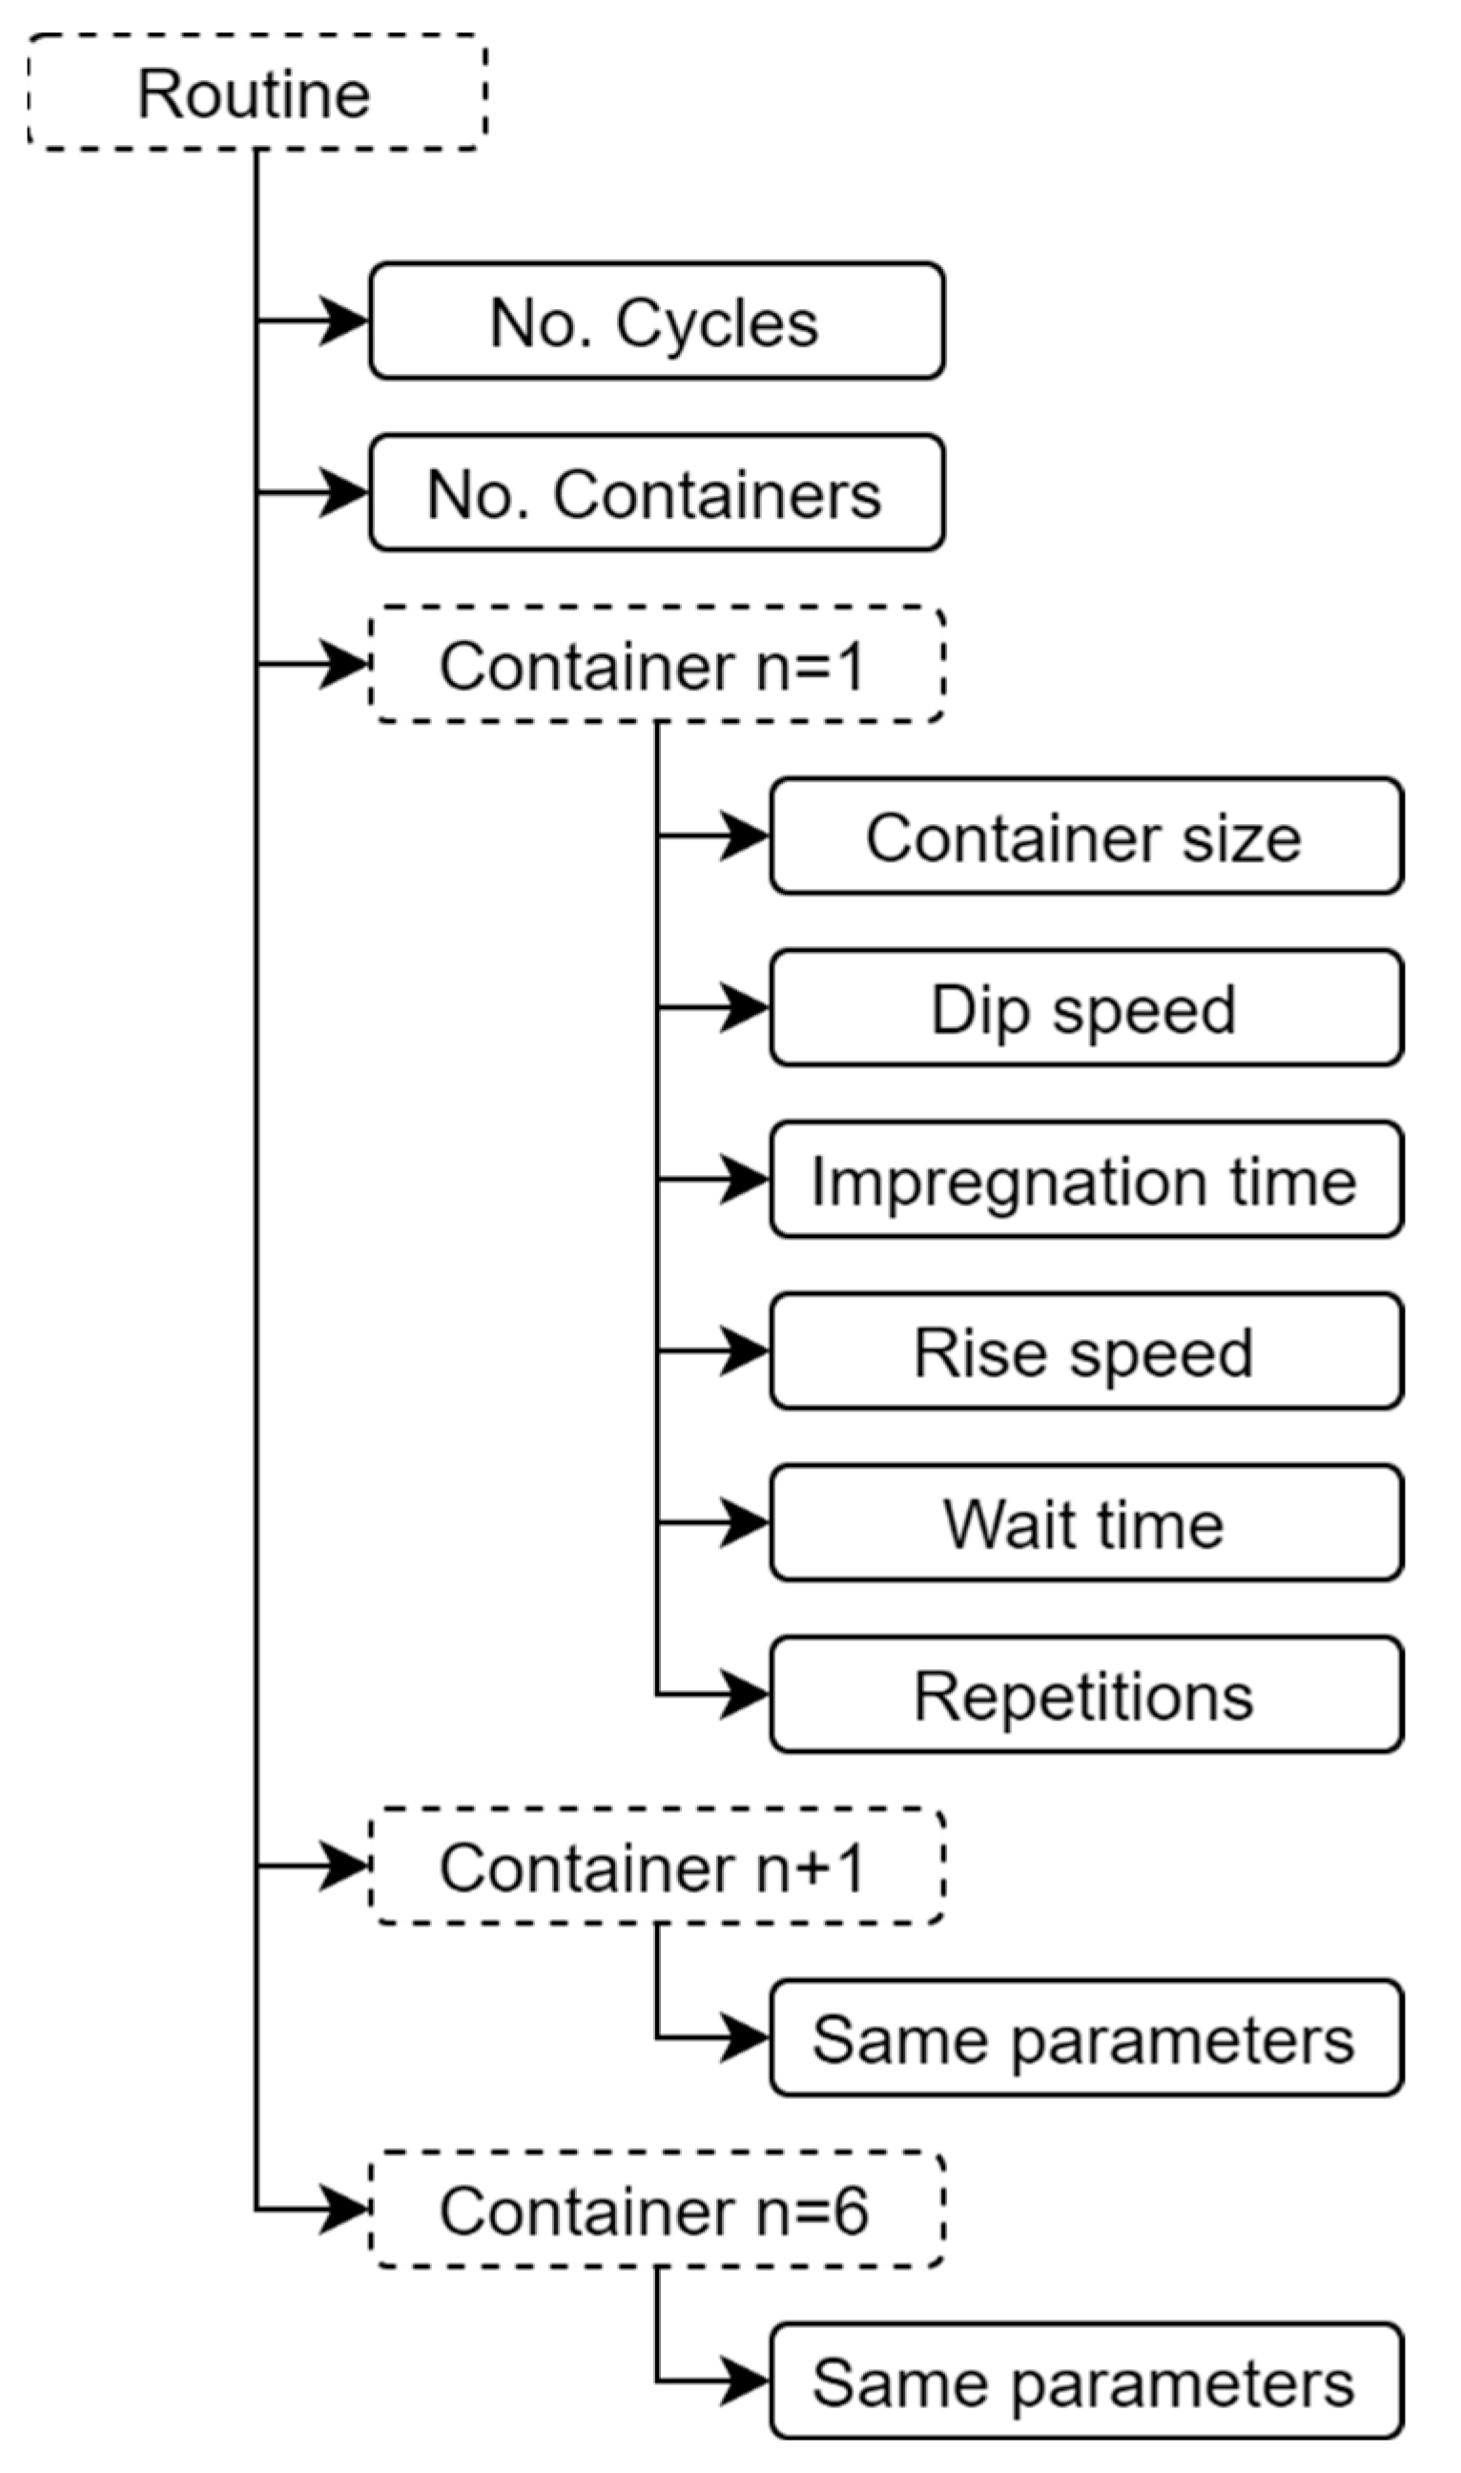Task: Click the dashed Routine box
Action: click(x=256, y=93)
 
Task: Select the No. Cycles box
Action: click(x=657, y=321)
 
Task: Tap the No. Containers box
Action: click(x=657, y=492)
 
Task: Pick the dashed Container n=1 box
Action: click(x=657, y=666)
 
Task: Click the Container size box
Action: click(x=1086, y=836)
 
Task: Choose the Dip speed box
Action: click(x=1086, y=1008)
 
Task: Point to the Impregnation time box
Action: click(x=1086, y=1180)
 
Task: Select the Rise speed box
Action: click(x=1086, y=1350)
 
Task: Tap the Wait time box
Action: click(x=1086, y=1523)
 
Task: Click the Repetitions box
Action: click(x=1086, y=1696)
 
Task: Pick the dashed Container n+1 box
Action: click(x=657, y=1866)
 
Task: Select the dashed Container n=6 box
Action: click(x=657, y=2210)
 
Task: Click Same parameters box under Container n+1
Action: click(x=1086, y=2038)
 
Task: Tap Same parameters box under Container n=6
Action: click(x=1086, y=2382)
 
